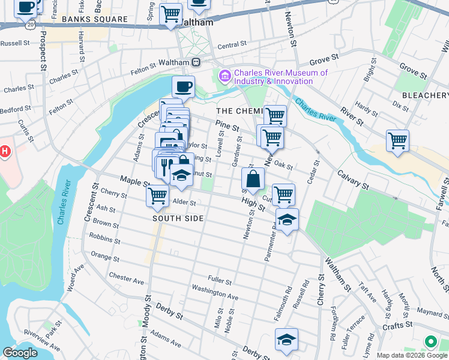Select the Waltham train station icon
pos(196,62)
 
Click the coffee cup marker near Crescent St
pos(183,86)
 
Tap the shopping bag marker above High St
pos(253,178)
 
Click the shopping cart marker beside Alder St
pos(157,195)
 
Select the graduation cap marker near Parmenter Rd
pos(287,220)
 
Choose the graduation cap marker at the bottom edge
pos(286,340)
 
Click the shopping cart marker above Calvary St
pos(397,141)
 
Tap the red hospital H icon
pos(5,152)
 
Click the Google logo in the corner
pos(20,353)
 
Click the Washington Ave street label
pos(215,292)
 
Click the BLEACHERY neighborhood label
pos(425,95)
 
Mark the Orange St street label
pos(104,257)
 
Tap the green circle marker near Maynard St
pos(430,341)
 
